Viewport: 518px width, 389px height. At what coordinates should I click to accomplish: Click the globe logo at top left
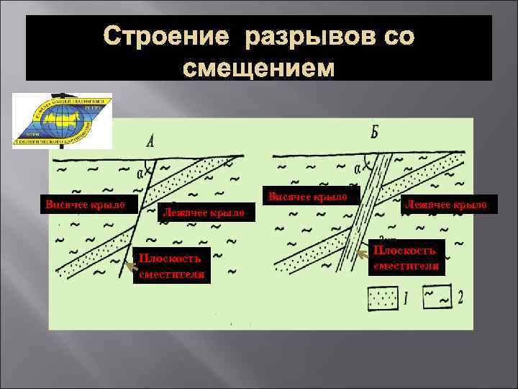(x=62, y=120)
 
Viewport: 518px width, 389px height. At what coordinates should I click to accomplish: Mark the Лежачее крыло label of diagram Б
(x=447, y=205)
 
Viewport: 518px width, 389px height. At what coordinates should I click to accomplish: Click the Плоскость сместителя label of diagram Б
(x=406, y=257)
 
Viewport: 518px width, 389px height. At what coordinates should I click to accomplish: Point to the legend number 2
(x=460, y=296)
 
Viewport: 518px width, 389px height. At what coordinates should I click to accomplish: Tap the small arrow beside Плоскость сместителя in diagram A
(x=130, y=267)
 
